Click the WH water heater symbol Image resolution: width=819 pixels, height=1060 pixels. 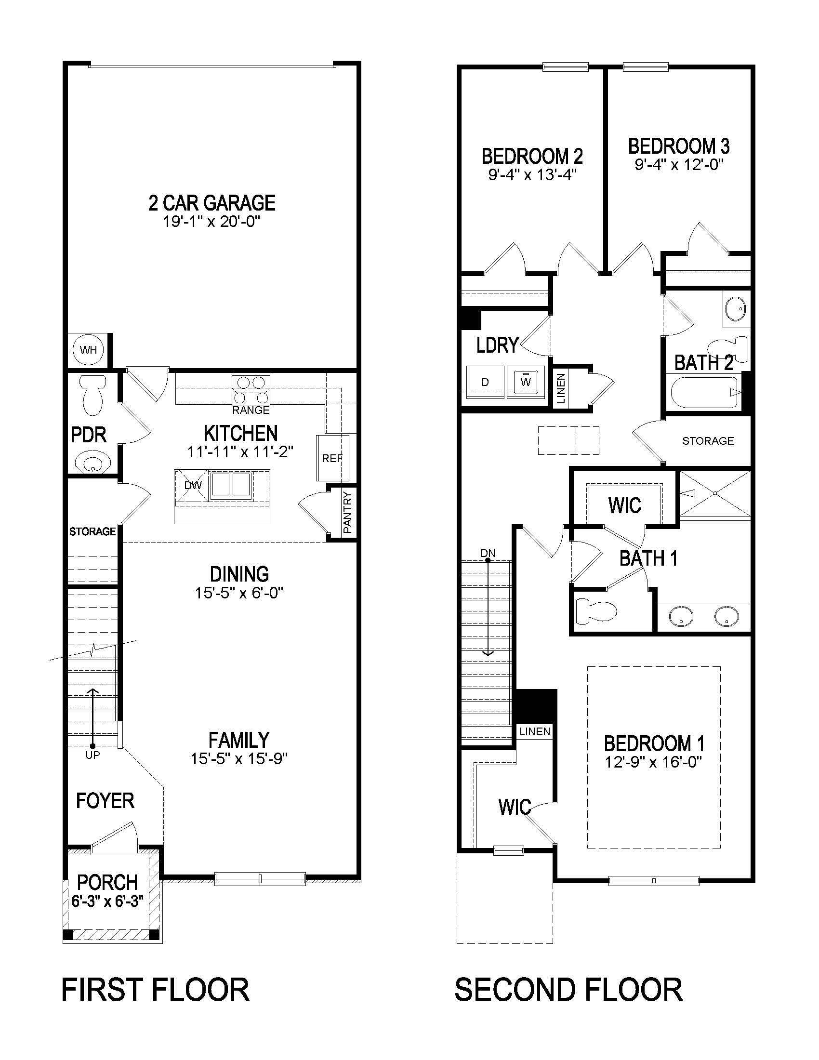pyautogui.click(x=88, y=349)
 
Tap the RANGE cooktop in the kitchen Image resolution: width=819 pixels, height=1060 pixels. pyautogui.click(x=251, y=390)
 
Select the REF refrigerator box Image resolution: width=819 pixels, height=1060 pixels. pyautogui.click(x=332, y=458)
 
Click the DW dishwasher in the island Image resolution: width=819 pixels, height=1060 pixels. pyautogui.click(x=193, y=485)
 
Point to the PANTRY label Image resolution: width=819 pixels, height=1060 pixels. pyautogui.click(x=347, y=513)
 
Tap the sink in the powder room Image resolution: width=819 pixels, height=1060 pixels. pyautogui.click(x=92, y=461)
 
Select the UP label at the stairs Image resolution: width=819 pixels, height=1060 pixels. pyautogui.click(x=92, y=755)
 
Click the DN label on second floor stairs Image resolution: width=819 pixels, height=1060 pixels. pyautogui.click(x=488, y=553)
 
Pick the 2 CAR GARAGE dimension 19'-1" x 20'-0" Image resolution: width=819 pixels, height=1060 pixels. pyautogui.click(x=212, y=222)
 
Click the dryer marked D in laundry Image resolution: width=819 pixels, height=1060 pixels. pyautogui.click(x=485, y=382)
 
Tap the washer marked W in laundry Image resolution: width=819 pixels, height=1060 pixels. pyautogui.click(x=526, y=382)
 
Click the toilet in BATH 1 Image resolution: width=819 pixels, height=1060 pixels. pyautogui.click(x=595, y=611)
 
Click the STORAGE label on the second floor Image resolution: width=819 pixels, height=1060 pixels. pyautogui.click(x=708, y=441)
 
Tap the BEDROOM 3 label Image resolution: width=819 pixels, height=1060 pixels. pyautogui.click(x=679, y=146)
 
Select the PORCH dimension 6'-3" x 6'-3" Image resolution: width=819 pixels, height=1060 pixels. pyautogui.click(x=108, y=901)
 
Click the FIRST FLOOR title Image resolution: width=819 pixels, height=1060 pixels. pyautogui.click(x=155, y=990)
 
